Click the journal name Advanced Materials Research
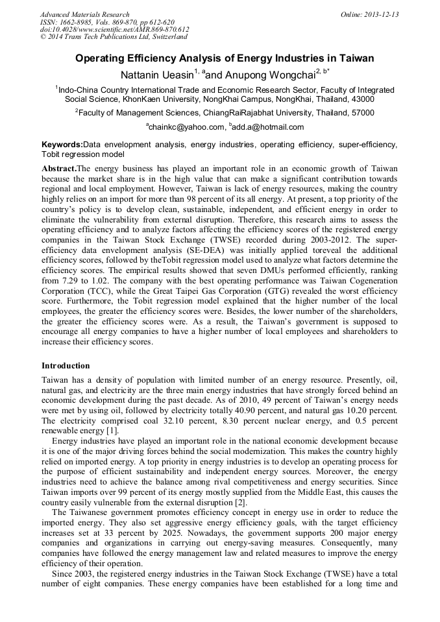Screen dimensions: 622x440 (x=84, y=14)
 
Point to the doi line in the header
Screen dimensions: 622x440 (x=114, y=29)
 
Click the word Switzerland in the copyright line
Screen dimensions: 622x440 (x=164, y=37)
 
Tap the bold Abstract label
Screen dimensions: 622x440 (x=58, y=168)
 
